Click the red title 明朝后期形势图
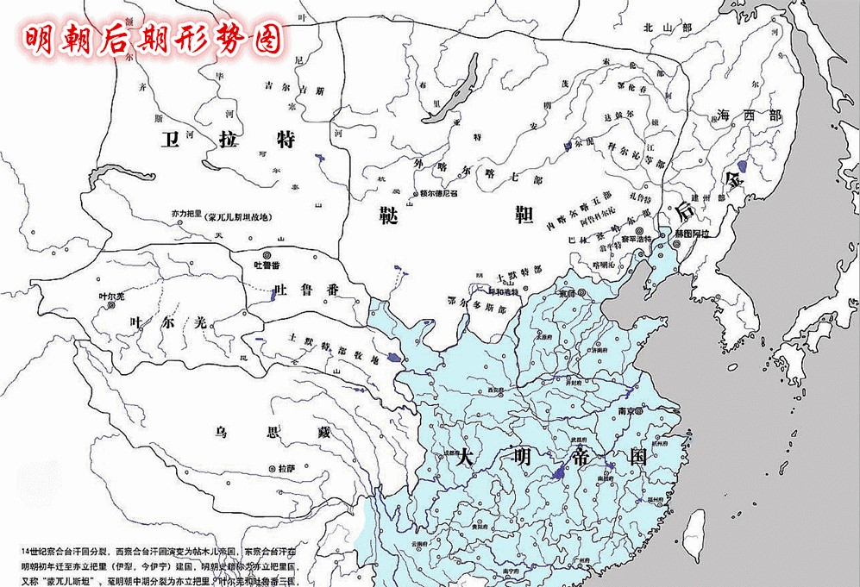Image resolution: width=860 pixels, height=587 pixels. (x=153, y=37)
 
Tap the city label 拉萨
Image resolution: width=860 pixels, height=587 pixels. (x=286, y=470)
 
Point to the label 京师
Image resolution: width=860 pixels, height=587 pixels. (x=567, y=293)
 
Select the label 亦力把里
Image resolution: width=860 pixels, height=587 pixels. (x=187, y=212)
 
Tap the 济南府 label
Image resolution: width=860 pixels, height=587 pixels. (x=599, y=350)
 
